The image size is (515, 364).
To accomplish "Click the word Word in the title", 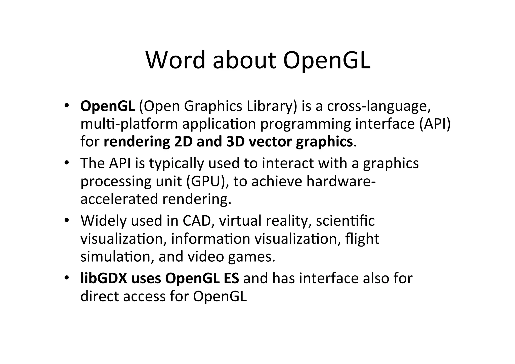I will point(176,60).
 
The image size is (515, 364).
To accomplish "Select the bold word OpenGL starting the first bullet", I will point(108,106).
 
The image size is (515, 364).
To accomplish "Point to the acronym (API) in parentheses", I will point(435,124).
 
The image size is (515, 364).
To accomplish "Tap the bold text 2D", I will point(183,142).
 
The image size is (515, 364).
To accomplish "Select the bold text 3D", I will point(235,142).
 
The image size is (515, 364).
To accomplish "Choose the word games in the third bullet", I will point(251,257).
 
